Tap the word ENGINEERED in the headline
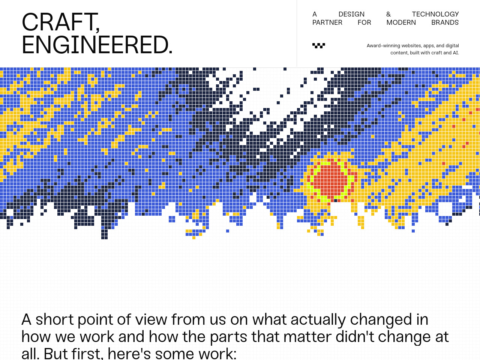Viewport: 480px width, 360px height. (95, 45)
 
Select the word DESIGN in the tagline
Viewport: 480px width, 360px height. (351, 14)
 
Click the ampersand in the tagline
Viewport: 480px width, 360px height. (388, 14)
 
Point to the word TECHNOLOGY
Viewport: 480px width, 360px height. (435, 14)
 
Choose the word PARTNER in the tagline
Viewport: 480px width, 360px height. (327, 22)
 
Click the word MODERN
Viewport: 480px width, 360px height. (401, 22)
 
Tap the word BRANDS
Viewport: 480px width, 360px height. (445, 22)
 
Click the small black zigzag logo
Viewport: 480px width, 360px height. (319, 45)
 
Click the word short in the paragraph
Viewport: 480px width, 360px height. (54, 319)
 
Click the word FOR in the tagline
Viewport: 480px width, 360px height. (364, 22)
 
